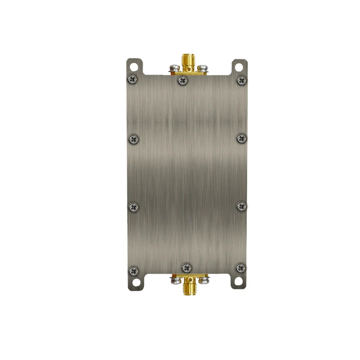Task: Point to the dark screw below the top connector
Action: [182, 81]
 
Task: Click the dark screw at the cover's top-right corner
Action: [242, 80]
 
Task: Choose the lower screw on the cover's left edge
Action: [133, 207]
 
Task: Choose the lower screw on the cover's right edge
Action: [242, 206]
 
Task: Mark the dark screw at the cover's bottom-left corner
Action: [133, 271]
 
